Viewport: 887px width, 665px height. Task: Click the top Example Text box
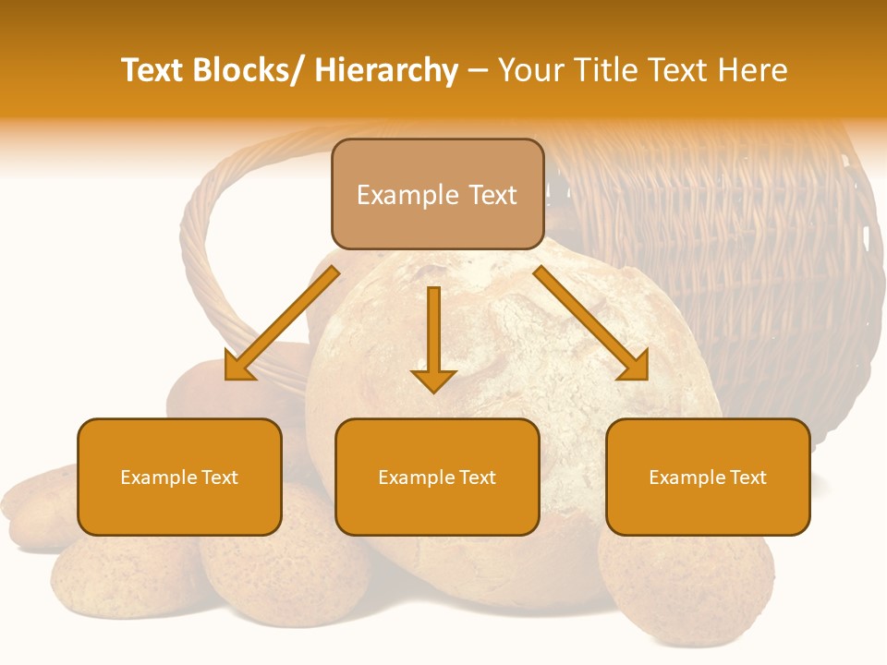[437, 194]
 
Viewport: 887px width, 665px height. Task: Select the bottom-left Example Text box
[179, 477]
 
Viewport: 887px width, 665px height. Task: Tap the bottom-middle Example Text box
[437, 477]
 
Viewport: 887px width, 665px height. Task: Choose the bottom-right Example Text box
[708, 477]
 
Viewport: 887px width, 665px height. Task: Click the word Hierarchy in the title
[386, 70]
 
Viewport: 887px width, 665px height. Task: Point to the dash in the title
[478, 71]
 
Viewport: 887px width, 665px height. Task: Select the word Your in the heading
[529, 70]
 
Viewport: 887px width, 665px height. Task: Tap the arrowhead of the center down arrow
[433, 380]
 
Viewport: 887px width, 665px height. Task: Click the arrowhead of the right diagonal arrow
[636, 368]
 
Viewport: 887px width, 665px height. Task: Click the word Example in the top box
[395, 195]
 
